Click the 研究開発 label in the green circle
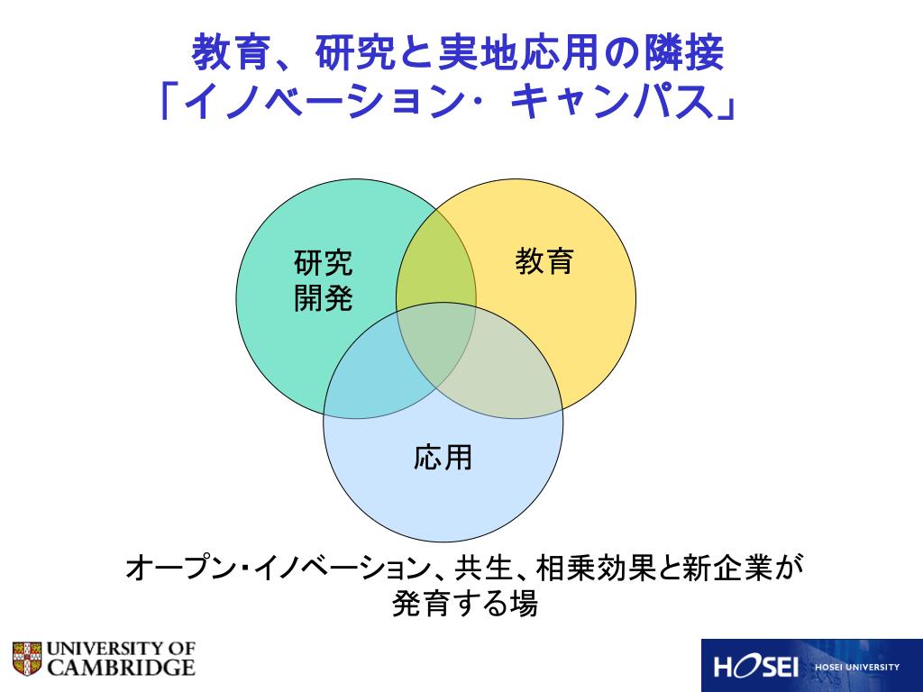coord(324,280)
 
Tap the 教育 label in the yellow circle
coord(544,262)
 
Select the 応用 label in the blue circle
coord(443,458)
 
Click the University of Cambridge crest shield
coord(27,659)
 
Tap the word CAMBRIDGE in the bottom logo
coord(121,668)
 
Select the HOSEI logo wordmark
coord(757,668)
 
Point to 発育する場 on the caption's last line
coord(464,605)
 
